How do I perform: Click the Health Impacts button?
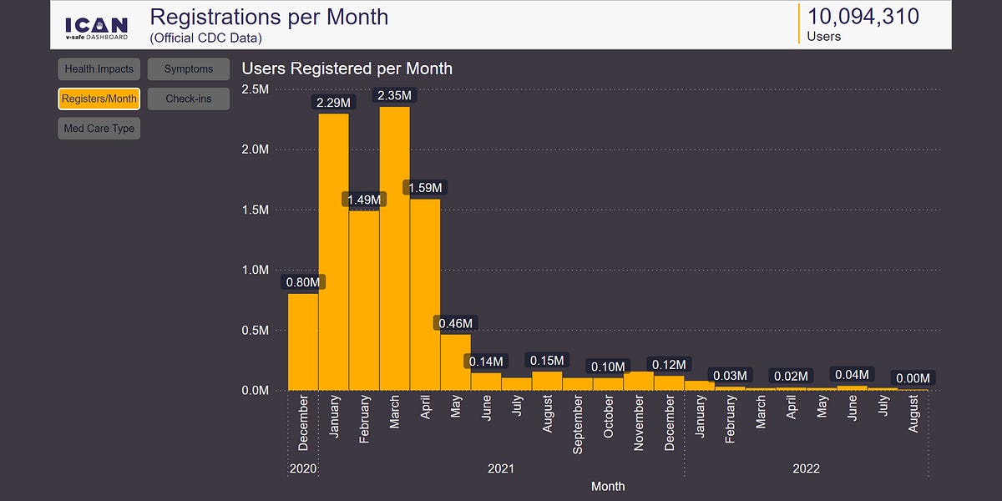tap(99, 69)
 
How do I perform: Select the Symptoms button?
tap(189, 69)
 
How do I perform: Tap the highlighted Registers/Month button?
tap(99, 99)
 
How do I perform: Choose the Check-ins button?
tap(189, 99)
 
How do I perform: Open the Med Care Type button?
tap(99, 129)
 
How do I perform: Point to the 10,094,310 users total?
tap(863, 16)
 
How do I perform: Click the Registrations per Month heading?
tap(269, 17)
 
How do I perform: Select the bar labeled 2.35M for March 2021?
tap(394, 250)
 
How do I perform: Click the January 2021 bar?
tap(333, 250)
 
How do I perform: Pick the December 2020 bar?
tap(303, 342)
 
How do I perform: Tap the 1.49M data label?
tap(364, 200)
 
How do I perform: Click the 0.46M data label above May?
tap(455, 323)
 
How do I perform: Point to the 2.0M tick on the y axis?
tap(255, 149)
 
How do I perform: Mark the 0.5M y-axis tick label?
tap(255, 330)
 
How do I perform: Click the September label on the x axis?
tap(578, 424)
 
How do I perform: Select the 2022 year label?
tap(806, 468)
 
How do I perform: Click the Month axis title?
tap(607, 486)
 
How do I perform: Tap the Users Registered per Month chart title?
tap(347, 68)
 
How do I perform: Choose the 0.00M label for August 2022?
tap(913, 378)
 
